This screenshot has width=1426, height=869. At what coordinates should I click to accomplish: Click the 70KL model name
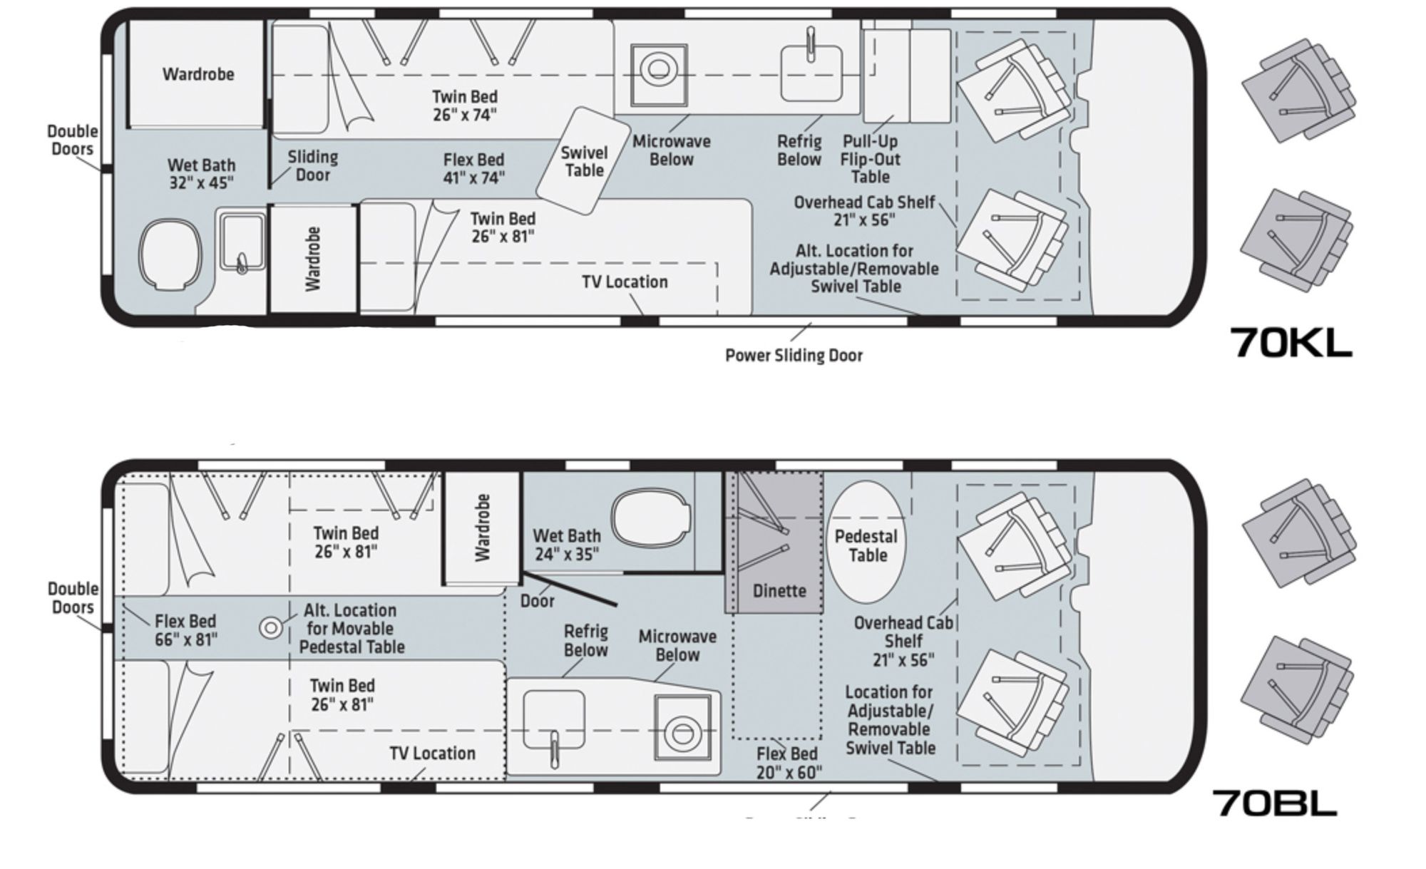click(x=1291, y=342)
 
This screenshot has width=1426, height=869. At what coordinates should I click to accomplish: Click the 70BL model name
click(x=1275, y=802)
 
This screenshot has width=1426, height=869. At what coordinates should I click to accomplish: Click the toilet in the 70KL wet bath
click(x=170, y=254)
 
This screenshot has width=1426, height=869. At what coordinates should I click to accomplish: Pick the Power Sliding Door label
click(x=794, y=355)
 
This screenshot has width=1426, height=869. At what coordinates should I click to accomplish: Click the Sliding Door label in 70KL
click(x=312, y=165)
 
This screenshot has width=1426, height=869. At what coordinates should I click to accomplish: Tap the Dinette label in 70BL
click(x=779, y=591)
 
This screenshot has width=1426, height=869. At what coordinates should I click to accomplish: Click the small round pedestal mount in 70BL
click(x=270, y=628)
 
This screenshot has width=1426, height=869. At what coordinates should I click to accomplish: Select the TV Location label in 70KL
click(x=625, y=282)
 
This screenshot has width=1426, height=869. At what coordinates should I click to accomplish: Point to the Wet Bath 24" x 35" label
click(x=567, y=545)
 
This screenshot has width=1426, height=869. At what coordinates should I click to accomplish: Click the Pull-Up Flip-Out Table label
click(x=870, y=159)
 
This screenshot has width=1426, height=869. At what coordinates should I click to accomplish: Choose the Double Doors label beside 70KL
click(x=73, y=140)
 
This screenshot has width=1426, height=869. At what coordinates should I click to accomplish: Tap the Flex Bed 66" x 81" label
click(x=185, y=630)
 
